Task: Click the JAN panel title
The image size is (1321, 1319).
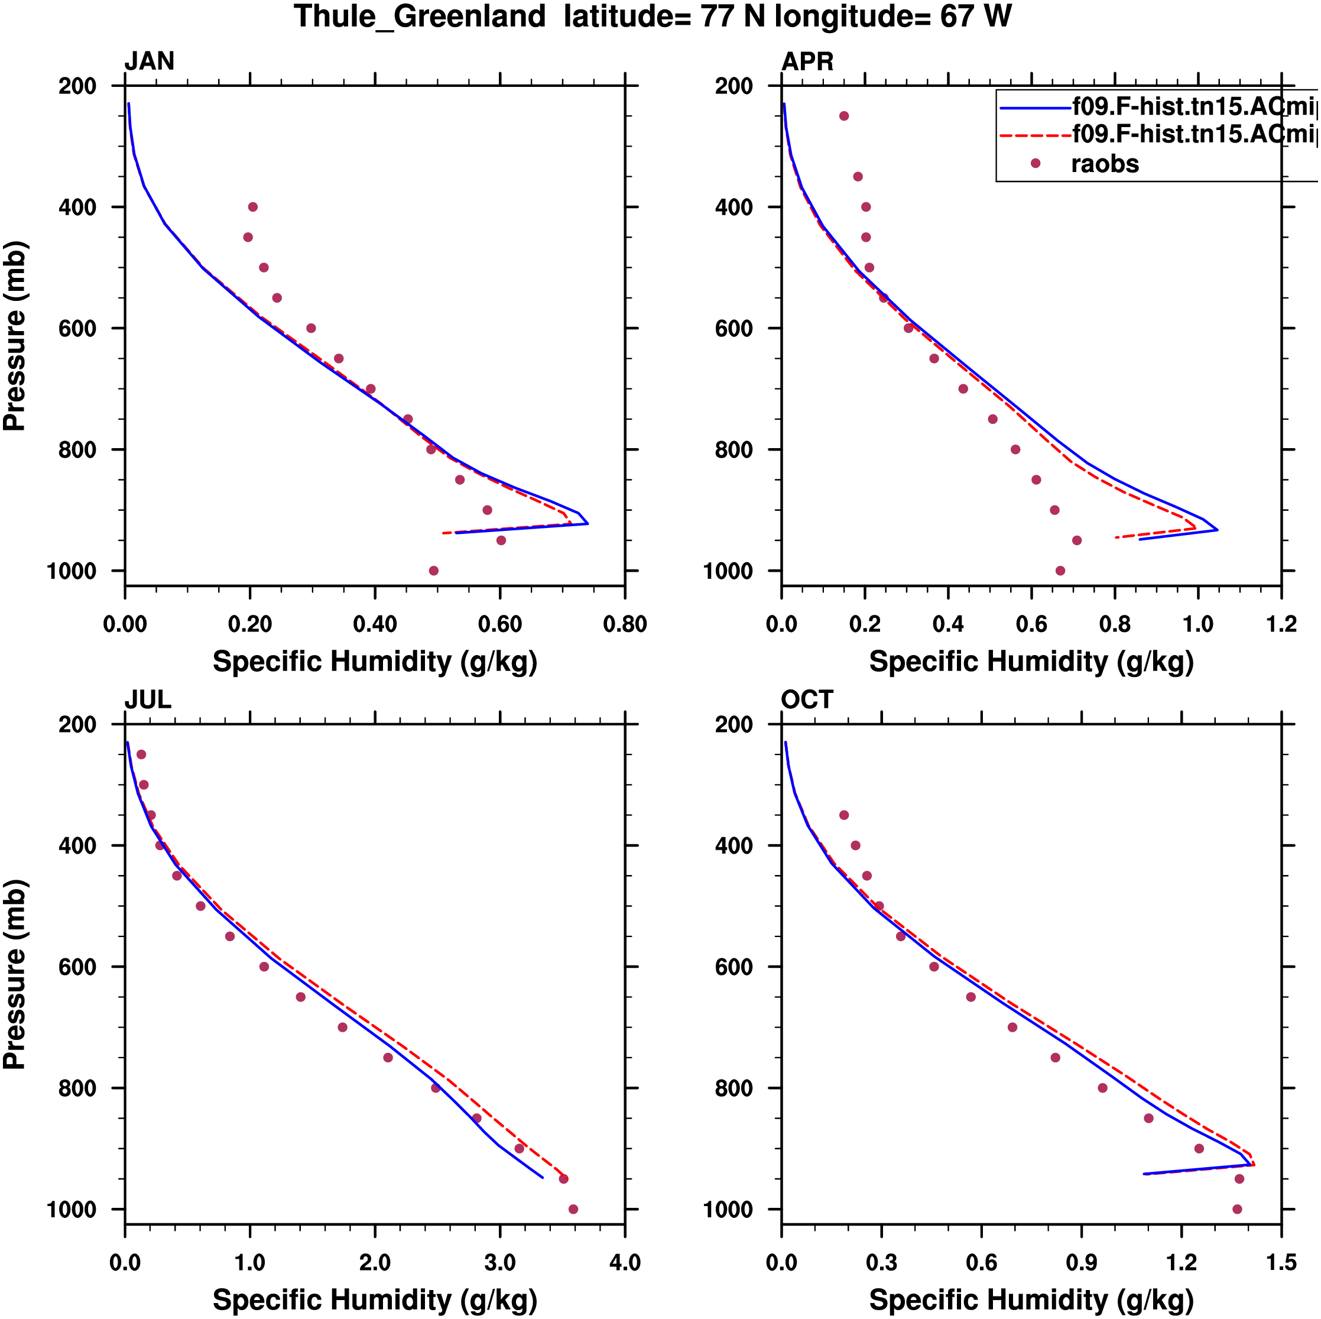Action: point(149,61)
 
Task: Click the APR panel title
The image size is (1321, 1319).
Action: point(807,61)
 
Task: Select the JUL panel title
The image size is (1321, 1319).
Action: point(148,699)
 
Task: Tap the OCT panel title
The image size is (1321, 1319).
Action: point(807,699)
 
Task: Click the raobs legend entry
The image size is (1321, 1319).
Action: point(1104,164)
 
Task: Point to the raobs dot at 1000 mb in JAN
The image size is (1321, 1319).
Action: point(433,571)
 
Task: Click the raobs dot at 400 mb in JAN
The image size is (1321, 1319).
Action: point(253,206)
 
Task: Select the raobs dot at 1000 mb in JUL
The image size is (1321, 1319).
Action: point(573,1209)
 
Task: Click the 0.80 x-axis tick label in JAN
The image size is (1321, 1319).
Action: point(624,624)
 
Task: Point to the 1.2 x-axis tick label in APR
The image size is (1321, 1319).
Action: point(1281,624)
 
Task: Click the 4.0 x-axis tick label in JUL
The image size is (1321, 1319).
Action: point(624,1262)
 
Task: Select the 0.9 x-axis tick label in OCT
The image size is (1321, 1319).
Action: point(1081,1262)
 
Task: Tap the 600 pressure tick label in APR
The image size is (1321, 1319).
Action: point(733,328)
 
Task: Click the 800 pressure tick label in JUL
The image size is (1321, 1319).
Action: point(77,1088)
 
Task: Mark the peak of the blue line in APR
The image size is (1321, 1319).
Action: point(1217,530)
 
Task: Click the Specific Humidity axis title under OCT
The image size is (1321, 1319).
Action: point(1031,1299)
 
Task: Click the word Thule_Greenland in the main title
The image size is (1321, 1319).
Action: point(419,17)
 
